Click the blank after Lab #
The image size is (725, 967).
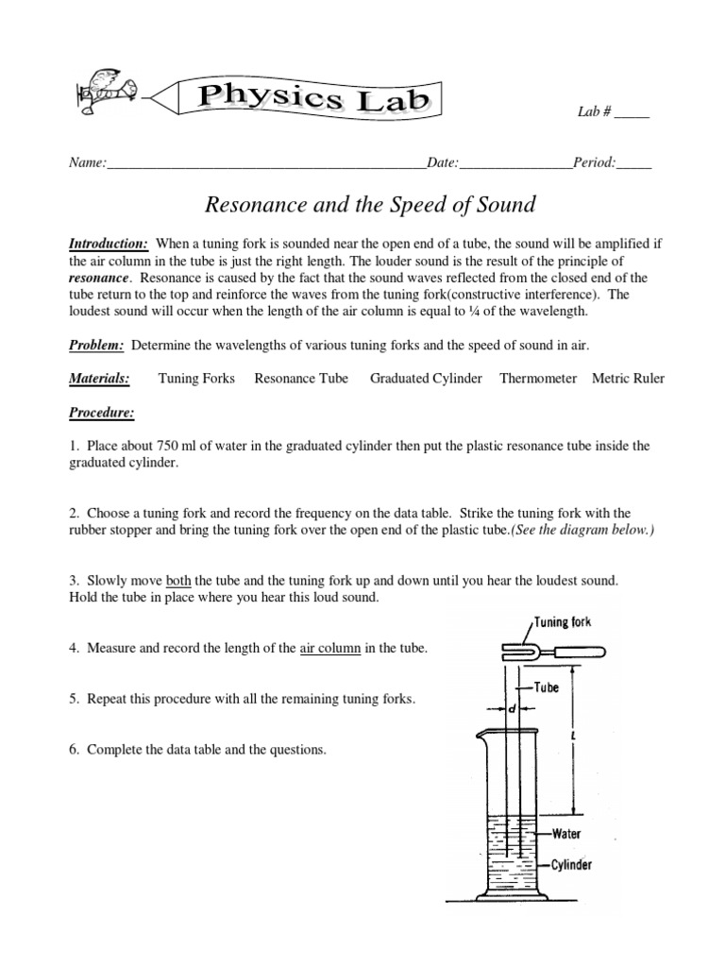coord(632,112)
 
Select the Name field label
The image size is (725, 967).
coord(87,162)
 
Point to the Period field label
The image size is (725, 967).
coord(595,162)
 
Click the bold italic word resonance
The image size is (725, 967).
coord(98,279)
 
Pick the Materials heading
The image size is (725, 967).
coord(99,379)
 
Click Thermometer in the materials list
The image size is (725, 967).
coord(538,379)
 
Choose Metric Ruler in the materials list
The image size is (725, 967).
coord(628,379)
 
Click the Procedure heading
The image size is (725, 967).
coord(101,413)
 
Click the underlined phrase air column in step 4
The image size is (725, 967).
coord(329,648)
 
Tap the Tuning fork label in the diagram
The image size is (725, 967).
coord(565,622)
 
